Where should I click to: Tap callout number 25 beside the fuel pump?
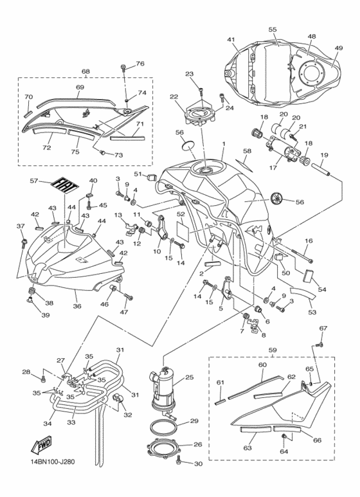[189, 377]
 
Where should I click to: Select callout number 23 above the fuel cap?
[189, 74]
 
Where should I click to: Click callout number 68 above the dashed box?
[85, 71]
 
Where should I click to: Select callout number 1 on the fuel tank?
[224, 144]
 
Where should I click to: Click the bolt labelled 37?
[24, 243]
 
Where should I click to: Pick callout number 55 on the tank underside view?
[273, 30]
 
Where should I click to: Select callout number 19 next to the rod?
[324, 155]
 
